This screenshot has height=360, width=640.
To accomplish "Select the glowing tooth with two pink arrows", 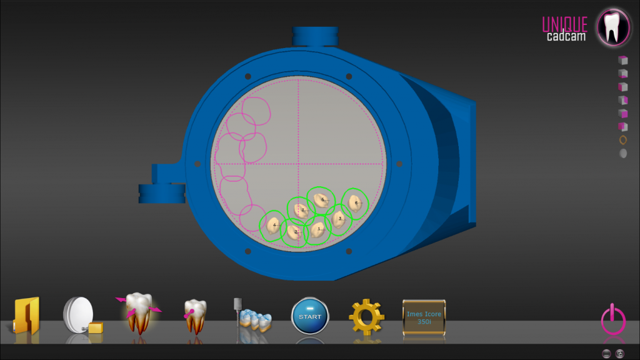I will [x=138, y=312].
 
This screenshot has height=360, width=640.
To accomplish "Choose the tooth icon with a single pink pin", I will [x=195, y=316].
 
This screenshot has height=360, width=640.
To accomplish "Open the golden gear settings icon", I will [x=367, y=317].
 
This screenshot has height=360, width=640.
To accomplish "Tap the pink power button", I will [x=612, y=320].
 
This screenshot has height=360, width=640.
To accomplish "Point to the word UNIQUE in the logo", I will [x=564, y=24].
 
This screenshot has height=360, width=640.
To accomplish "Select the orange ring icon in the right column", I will [x=623, y=139].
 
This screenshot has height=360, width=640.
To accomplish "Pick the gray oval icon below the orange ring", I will [x=623, y=153].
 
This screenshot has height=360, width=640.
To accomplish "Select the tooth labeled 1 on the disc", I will [x=318, y=229].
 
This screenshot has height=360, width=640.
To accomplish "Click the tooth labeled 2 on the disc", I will [x=296, y=232].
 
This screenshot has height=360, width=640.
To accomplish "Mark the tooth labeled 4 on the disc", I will [x=273, y=225].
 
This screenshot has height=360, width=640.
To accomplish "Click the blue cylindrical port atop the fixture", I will [x=315, y=36].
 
